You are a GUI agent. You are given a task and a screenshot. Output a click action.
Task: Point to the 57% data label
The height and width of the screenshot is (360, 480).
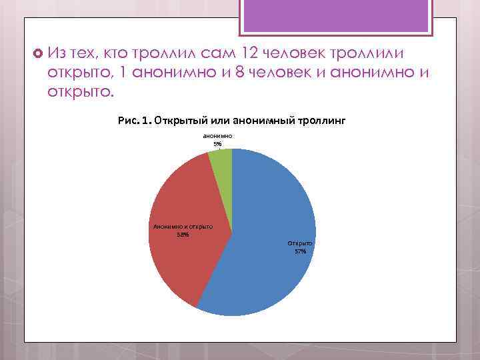(300, 251)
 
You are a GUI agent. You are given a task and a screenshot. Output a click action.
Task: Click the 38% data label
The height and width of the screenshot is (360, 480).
(182, 234)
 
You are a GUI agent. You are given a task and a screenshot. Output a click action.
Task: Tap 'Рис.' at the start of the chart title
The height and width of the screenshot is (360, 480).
(127, 120)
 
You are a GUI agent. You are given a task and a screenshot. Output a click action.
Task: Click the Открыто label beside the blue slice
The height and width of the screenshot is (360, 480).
(300, 243)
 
